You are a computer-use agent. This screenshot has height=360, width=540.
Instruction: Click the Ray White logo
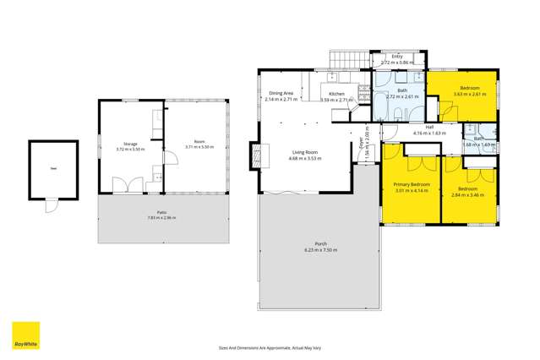point(25,336)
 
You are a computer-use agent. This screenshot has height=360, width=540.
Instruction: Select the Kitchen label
point(336,93)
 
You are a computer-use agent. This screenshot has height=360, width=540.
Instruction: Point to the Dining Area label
point(281,93)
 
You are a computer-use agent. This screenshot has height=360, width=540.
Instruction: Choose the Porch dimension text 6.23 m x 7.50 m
point(320,250)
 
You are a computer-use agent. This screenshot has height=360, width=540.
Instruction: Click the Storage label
point(129,143)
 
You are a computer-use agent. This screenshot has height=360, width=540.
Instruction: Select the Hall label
point(428,128)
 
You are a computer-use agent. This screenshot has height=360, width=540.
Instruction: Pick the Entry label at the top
point(396,56)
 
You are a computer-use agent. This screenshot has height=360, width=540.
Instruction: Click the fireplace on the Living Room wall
point(253,155)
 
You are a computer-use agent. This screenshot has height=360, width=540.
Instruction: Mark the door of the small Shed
point(51,202)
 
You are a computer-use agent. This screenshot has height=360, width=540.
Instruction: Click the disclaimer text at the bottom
point(270,346)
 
